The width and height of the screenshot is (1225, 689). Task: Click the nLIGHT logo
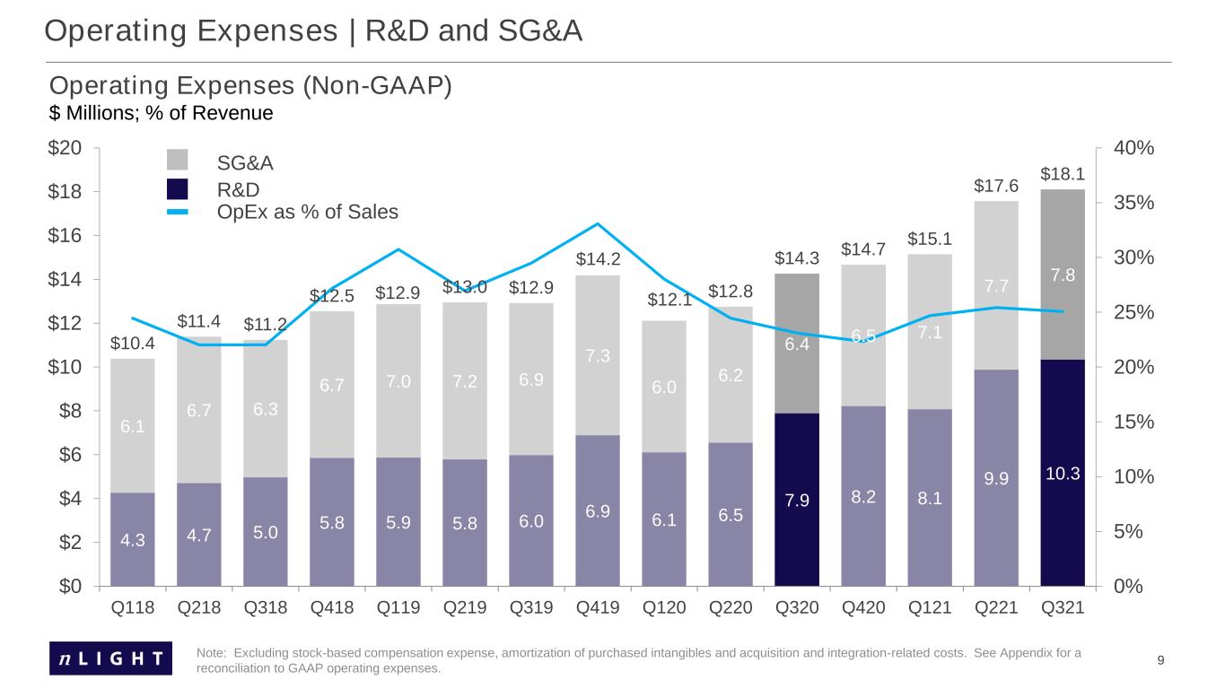(x=110, y=658)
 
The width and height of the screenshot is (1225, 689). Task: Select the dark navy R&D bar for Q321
(x=1063, y=473)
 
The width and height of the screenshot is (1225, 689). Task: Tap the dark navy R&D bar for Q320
(x=797, y=499)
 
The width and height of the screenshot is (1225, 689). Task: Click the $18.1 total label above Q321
(x=1062, y=174)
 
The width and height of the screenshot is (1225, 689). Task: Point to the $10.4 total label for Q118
(x=132, y=343)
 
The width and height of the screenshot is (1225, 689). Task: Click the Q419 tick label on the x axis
(x=598, y=607)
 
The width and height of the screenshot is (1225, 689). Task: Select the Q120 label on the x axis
(x=664, y=607)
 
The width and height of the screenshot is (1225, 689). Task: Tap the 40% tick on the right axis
(x=1134, y=148)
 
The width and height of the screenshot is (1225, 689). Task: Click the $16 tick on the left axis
(x=65, y=235)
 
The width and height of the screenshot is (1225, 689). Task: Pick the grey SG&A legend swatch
(x=177, y=160)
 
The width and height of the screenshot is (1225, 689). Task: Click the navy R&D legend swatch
(x=177, y=188)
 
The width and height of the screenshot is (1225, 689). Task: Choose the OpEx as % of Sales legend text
(x=307, y=212)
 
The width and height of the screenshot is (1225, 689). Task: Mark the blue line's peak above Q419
(x=598, y=223)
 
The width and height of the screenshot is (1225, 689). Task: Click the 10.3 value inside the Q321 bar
(x=1063, y=474)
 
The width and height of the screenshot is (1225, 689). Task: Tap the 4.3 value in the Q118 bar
(x=132, y=540)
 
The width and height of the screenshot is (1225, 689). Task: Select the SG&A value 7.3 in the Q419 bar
(x=598, y=356)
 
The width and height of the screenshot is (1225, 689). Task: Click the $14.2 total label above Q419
(x=598, y=258)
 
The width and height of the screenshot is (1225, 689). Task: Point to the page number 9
(x=1160, y=660)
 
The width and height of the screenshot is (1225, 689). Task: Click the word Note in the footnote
(x=211, y=653)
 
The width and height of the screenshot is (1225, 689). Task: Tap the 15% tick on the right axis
(x=1134, y=422)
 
